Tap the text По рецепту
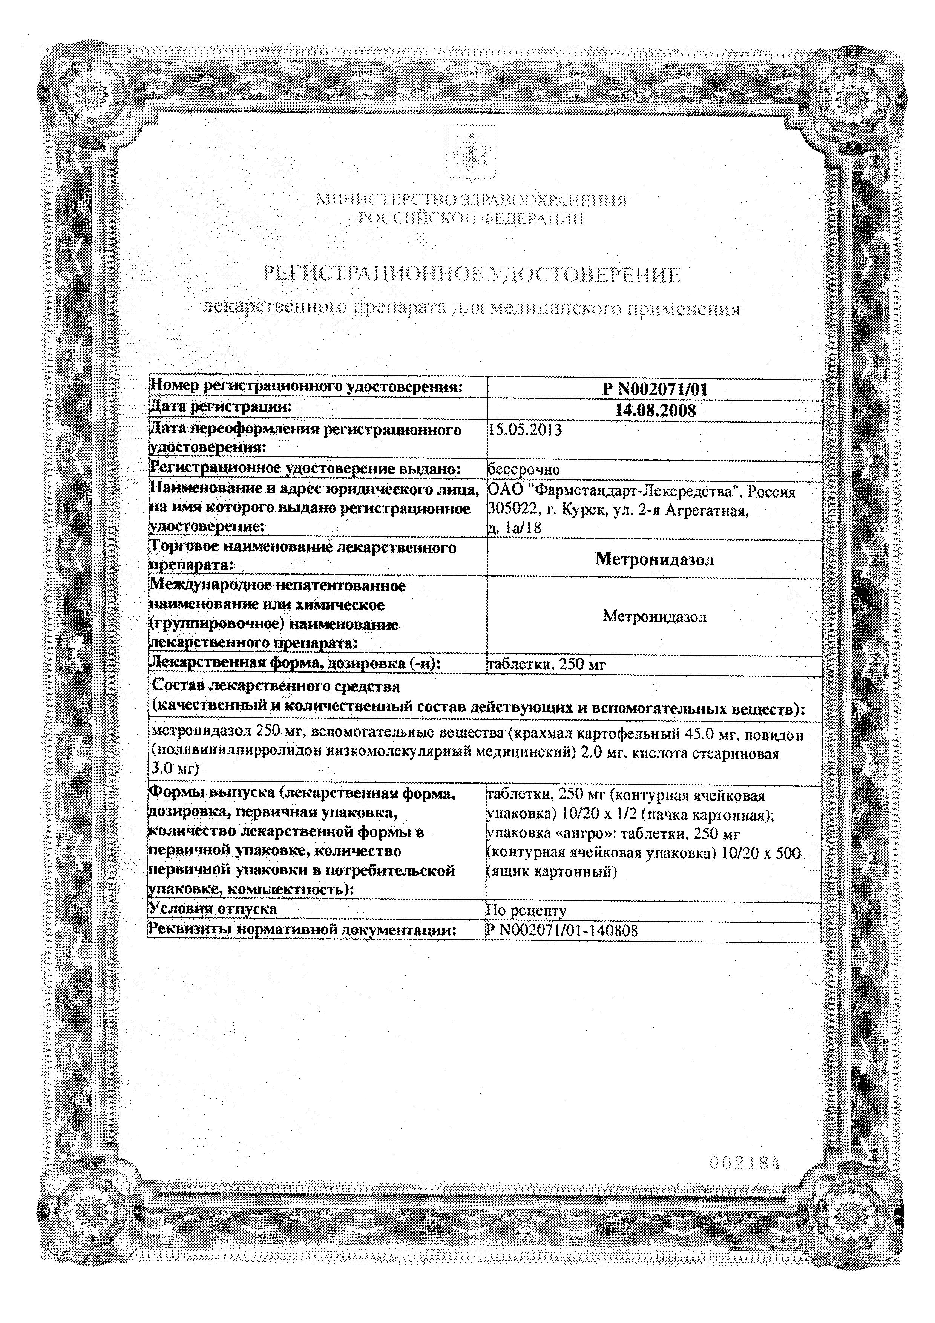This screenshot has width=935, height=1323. pyautogui.click(x=526, y=910)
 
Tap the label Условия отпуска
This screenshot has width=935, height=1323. pyautogui.click(x=213, y=909)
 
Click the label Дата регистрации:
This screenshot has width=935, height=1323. pyautogui.click(x=221, y=407)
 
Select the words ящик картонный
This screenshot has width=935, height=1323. pyautogui.click(x=553, y=872)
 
